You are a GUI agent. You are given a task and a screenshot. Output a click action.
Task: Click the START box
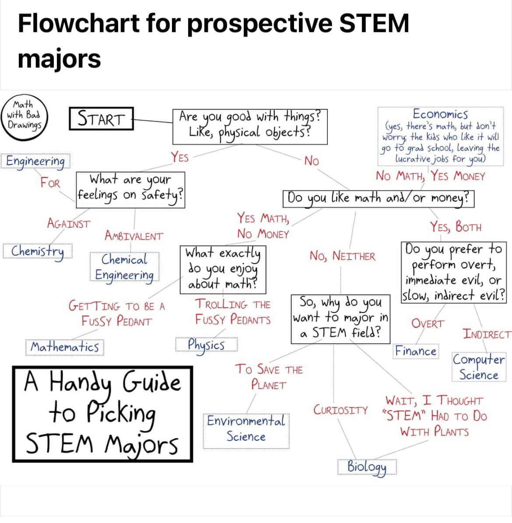coord(102,119)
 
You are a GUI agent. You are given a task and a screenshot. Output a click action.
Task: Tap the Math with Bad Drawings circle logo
coord(24,117)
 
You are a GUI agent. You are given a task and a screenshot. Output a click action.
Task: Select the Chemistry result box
coord(37,251)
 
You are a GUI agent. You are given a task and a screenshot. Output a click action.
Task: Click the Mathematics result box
coord(65,347)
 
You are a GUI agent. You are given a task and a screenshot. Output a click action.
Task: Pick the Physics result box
coord(207,344)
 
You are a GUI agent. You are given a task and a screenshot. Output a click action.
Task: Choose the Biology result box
coord(367,467)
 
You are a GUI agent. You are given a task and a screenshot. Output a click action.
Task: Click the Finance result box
coord(416,351)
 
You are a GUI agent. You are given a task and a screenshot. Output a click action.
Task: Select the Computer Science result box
coord(479,367)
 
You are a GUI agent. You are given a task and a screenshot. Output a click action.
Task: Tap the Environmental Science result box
coord(246,431)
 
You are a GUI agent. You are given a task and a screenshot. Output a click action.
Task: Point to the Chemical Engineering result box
coord(124,267)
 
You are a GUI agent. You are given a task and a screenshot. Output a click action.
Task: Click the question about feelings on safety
coord(130,190)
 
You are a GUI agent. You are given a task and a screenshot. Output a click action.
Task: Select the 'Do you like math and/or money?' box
coord(378,199)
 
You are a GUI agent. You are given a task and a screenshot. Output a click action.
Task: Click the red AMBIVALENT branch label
coord(134,236)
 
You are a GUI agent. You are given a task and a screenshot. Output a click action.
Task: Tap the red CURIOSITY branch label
coord(340,410)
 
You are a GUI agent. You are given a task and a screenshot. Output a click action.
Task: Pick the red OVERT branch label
coord(428,323)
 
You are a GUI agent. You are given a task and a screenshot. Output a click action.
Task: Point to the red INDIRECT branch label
coord(487,334)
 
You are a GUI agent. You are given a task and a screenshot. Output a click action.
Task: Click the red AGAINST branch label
coord(69,223)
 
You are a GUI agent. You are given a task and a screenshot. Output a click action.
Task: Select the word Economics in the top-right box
coord(440,114)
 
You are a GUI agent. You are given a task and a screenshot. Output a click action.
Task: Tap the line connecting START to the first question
coord(153,121)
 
